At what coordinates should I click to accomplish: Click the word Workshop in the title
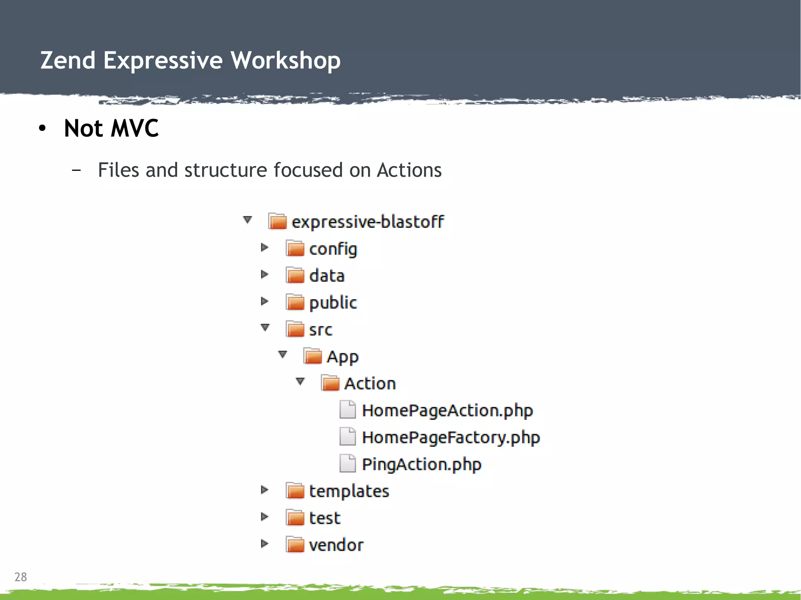285,61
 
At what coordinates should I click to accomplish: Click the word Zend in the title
68,61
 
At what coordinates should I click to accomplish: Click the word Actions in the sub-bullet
409,170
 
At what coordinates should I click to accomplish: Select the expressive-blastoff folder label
368,222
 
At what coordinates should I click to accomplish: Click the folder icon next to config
295,248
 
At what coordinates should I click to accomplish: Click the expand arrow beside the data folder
264,274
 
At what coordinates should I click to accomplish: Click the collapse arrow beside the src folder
265,327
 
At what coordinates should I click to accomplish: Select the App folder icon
312,356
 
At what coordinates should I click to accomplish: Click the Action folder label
370,383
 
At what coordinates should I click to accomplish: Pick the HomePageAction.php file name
447,410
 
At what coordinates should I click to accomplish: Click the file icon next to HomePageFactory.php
347,437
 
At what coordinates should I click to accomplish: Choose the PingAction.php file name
421,464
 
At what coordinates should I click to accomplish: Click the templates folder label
349,491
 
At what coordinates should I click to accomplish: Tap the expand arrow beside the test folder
264,517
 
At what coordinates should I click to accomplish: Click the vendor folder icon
295,544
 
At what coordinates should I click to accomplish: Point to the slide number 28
21,577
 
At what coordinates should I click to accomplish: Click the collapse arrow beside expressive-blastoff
247,220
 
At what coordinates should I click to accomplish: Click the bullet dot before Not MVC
42,128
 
